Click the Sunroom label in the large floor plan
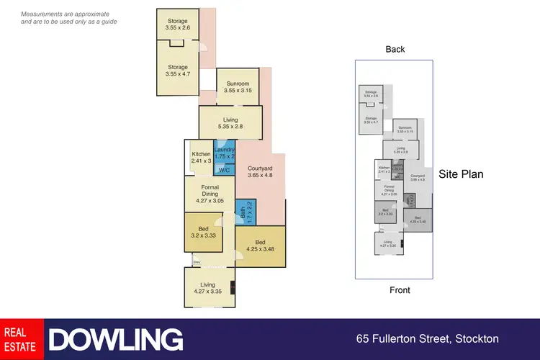point(238,86)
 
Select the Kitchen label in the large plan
point(201,158)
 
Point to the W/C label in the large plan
point(224,171)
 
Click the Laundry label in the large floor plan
point(225,153)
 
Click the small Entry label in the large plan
point(197,263)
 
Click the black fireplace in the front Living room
point(232,288)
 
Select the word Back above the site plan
point(395,49)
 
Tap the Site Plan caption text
point(462,174)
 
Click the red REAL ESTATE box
point(22,339)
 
